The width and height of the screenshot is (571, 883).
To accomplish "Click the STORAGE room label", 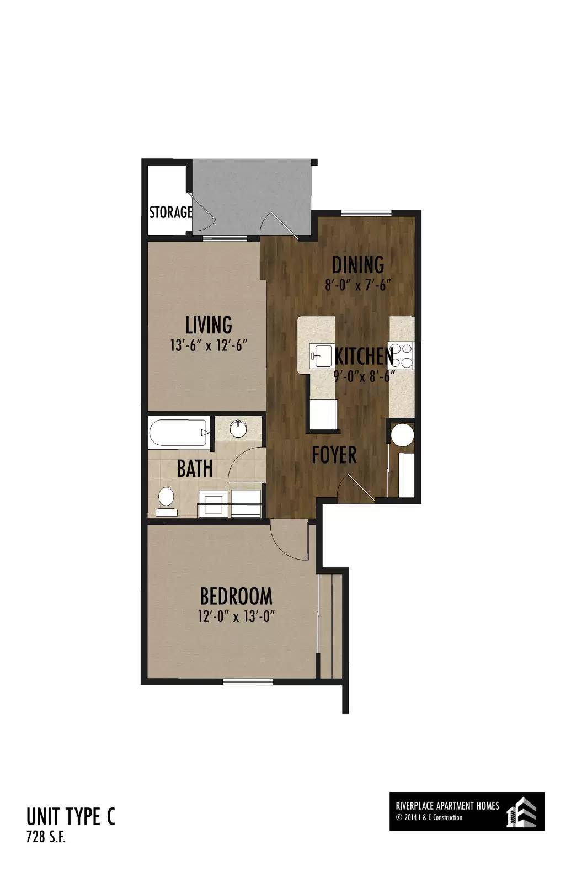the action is click(x=170, y=212).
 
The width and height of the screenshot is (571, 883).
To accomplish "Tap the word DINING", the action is click(x=358, y=264).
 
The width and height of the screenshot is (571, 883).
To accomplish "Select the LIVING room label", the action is click(x=209, y=325).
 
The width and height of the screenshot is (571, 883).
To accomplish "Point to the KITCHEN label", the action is click(x=364, y=357).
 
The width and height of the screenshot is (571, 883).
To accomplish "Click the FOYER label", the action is click(x=334, y=455).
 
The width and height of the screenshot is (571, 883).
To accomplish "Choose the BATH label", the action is click(x=195, y=469).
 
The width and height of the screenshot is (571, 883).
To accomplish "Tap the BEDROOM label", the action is click(x=236, y=596).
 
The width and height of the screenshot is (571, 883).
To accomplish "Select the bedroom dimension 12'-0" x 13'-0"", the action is click(x=236, y=616).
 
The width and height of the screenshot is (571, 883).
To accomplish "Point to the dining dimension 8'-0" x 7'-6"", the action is click(x=358, y=285).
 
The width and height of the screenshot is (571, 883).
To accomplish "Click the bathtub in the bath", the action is click(x=179, y=433).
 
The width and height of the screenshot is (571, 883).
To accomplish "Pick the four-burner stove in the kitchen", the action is click(x=401, y=356).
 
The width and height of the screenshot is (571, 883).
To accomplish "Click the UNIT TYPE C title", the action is click(x=71, y=817).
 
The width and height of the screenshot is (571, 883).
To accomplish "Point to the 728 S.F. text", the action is click(x=46, y=837).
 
